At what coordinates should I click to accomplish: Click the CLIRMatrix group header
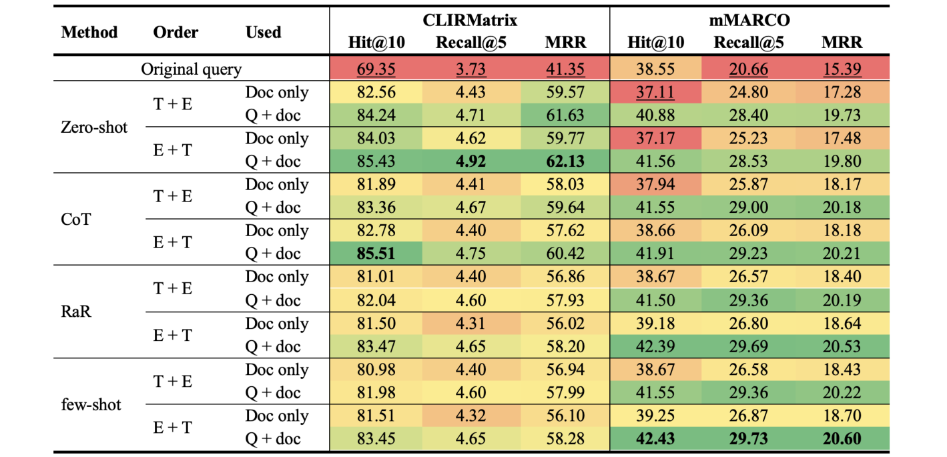coord(470,20)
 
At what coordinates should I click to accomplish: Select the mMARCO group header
coord(749,20)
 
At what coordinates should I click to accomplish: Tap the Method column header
coord(89,32)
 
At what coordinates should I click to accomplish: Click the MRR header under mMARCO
coord(842,43)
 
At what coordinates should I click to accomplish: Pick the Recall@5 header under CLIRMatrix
coord(470,43)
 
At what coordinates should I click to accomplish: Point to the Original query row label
coord(191,69)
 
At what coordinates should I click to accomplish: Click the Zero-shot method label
coord(93,127)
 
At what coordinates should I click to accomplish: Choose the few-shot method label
coord(91,404)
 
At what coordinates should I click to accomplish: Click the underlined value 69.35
coord(376,69)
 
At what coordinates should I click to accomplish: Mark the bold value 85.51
coord(376,254)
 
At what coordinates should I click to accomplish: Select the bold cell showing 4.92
coord(470,161)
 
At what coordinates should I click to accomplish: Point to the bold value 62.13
coord(565,161)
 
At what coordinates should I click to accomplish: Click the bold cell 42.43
coord(655,439)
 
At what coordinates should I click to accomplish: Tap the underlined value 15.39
coord(842,69)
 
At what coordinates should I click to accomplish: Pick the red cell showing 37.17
coord(655,138)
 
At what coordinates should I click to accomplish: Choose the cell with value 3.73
coord(470,69)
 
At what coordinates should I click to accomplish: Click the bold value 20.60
coord(842,439)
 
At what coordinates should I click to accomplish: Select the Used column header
coord(263,32)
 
